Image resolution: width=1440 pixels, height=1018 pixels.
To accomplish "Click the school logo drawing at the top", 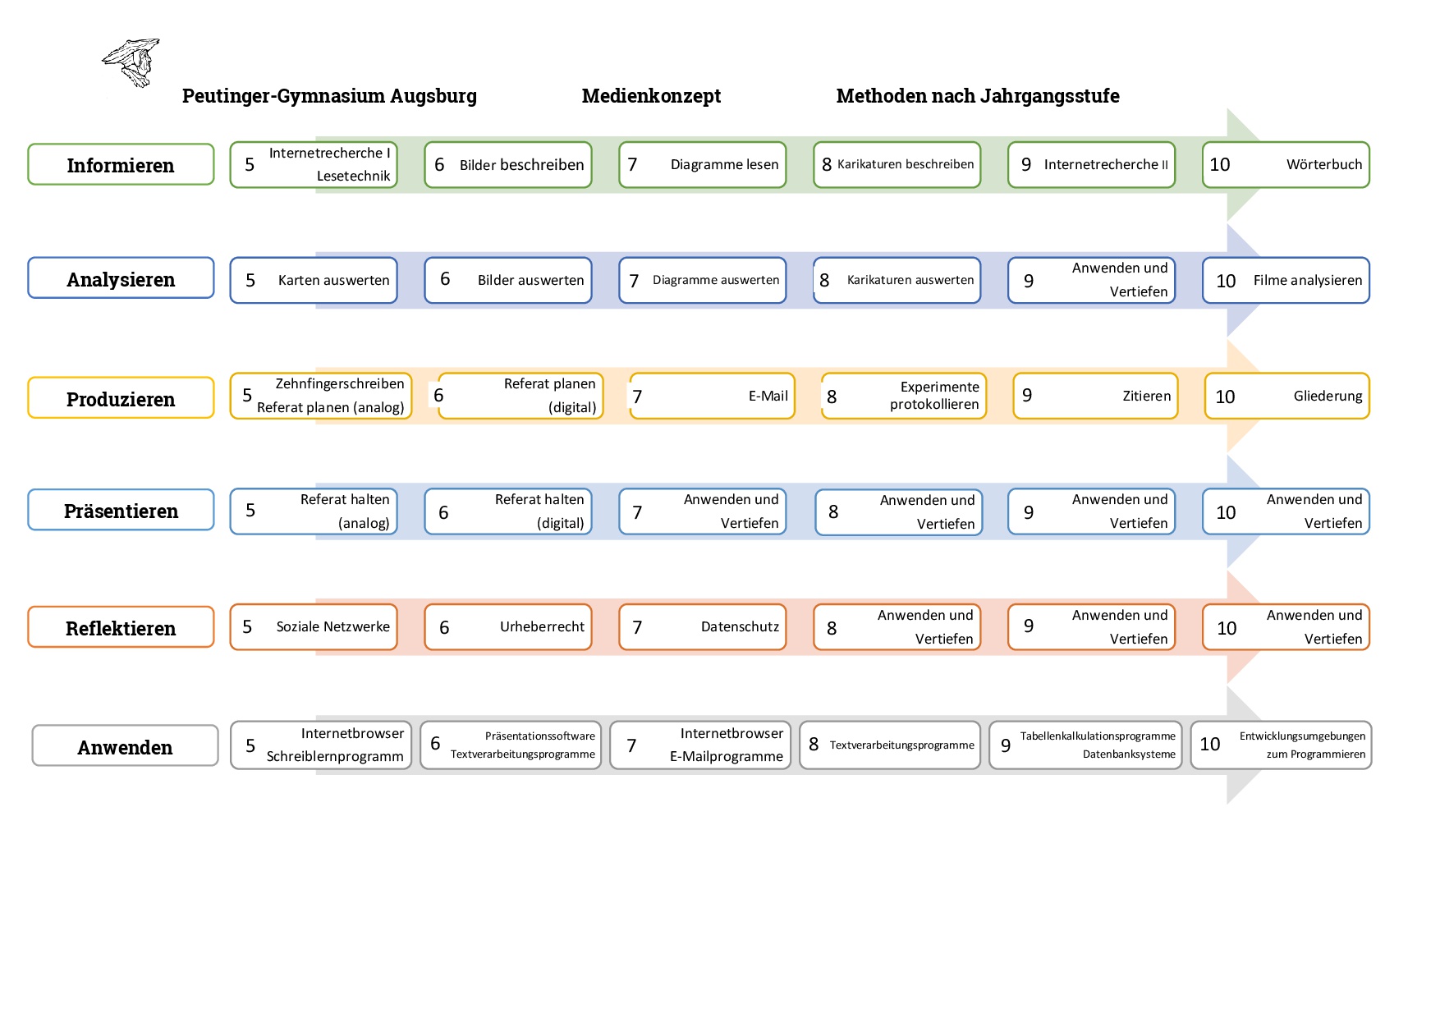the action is (x=131, y=62).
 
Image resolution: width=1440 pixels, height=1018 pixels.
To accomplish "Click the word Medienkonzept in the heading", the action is (x=651, y=96).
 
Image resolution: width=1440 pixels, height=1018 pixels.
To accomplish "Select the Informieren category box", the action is (x=121, y=164).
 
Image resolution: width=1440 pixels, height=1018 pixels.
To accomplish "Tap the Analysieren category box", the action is (x=121, y=278).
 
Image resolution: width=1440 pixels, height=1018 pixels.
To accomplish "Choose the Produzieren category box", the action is (x=121, y=398).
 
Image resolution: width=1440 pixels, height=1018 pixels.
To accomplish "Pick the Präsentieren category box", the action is (x=121, y=510).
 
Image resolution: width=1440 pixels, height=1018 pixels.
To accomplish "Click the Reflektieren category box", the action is (x=121, y=627).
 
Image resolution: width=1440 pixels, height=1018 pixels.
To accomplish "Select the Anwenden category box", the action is (x=125, y=745).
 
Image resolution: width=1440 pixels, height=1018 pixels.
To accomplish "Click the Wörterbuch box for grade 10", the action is (x=1286, y=165).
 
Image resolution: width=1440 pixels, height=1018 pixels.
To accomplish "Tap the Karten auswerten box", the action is (x=314, y=280).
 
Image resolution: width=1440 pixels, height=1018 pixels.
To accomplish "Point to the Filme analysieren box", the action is (x=1286, y=280).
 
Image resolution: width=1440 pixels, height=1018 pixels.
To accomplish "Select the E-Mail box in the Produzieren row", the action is (x=712, y=396).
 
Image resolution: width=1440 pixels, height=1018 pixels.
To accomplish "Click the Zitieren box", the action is (x=1095, y=396).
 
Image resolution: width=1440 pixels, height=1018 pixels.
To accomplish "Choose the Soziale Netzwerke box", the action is (x=314, y=627).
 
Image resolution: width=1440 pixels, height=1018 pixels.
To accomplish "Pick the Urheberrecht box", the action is (x=508, y=627).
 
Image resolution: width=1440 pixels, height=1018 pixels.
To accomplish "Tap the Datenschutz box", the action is (x=703, y=627).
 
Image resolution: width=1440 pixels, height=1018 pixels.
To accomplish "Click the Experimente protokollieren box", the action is (x=904, y=396).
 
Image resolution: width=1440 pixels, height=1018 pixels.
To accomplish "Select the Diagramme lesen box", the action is (x=703, y=165).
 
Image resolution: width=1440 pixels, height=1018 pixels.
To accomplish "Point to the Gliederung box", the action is (x=1286, y=396).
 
